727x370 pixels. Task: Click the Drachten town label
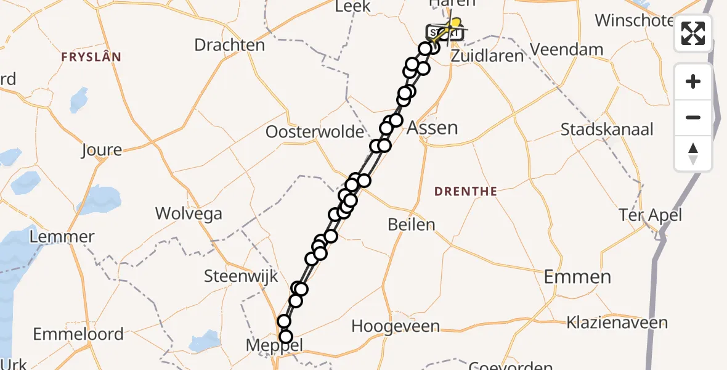[229, 45]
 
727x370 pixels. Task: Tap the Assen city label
[433, 128]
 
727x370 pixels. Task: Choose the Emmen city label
[577, 277]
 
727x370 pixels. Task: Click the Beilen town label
[412, 224]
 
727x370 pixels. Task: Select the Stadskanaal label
[607, 130]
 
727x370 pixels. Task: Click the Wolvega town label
[189, 214]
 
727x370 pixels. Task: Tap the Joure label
[102, 150]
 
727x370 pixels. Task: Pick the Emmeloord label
[78, 334]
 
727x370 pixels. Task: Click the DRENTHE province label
[465, 192]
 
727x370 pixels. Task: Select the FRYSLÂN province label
[91, 57]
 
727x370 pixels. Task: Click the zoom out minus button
[693, 117]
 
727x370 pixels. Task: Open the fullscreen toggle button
[693, 33]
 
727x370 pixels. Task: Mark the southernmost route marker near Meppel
[285, 337]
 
